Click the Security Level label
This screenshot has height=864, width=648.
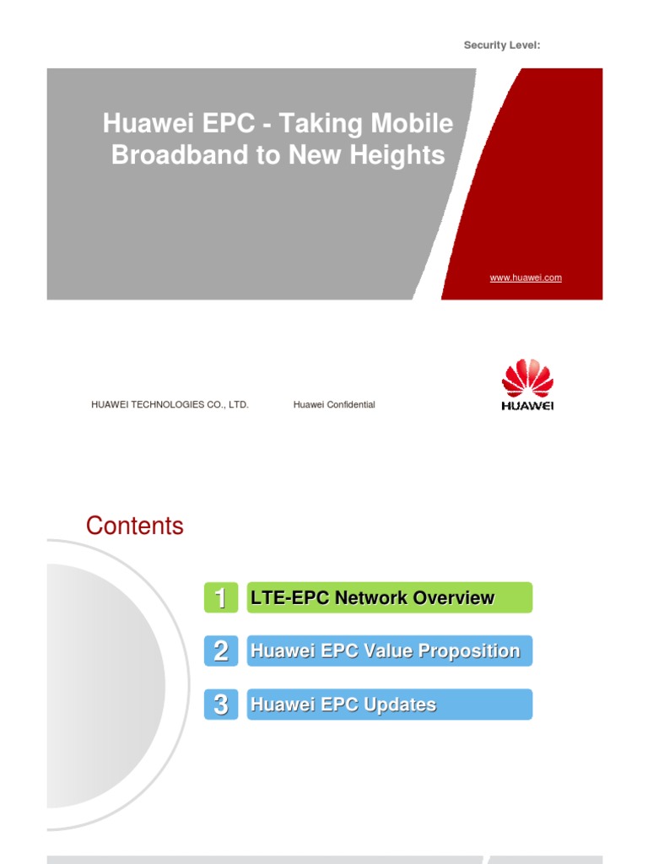click(502, 46)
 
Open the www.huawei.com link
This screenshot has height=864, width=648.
click(526, 278)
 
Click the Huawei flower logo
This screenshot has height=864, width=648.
click(527, 379)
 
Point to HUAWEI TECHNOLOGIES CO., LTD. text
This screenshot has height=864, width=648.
click(170, 405)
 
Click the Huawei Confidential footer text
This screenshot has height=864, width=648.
click(334, 405)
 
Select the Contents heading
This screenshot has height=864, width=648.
click(134, 526)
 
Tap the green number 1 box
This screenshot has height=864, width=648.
click(220, 598)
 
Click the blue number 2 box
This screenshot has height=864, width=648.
click(220, 651)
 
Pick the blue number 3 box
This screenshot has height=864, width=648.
click(220, 705)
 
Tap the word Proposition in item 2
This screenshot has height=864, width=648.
click(470, 651)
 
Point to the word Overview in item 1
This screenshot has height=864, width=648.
click(454, 597)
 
